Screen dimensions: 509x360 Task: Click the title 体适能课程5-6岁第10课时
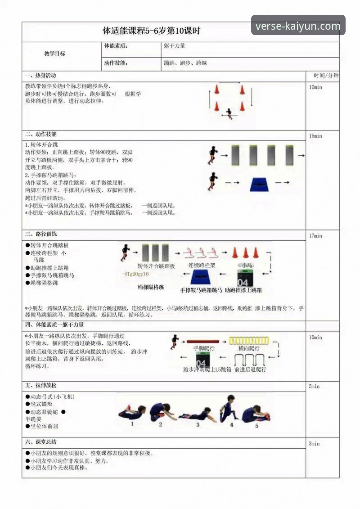(x=152, y=32)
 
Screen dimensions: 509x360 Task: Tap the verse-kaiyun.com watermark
(x=298, y=26)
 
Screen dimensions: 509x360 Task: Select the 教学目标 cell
(x=54, y=54)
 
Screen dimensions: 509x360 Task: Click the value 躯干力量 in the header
(x=175, y=46)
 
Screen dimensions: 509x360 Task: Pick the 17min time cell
(x=315, y=236)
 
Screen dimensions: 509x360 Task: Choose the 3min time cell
(x=314, y=444)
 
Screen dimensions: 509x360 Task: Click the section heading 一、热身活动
(x=41, y=75)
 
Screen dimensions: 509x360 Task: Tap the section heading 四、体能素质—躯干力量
(x=54, y=324)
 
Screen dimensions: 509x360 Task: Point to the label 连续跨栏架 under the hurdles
(x=202, y=266)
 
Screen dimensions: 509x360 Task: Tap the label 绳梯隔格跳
(x=151, y=287)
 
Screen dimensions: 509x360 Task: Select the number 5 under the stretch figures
(x=257, y=425)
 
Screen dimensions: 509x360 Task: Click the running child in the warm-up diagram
(x=230, y=113)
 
